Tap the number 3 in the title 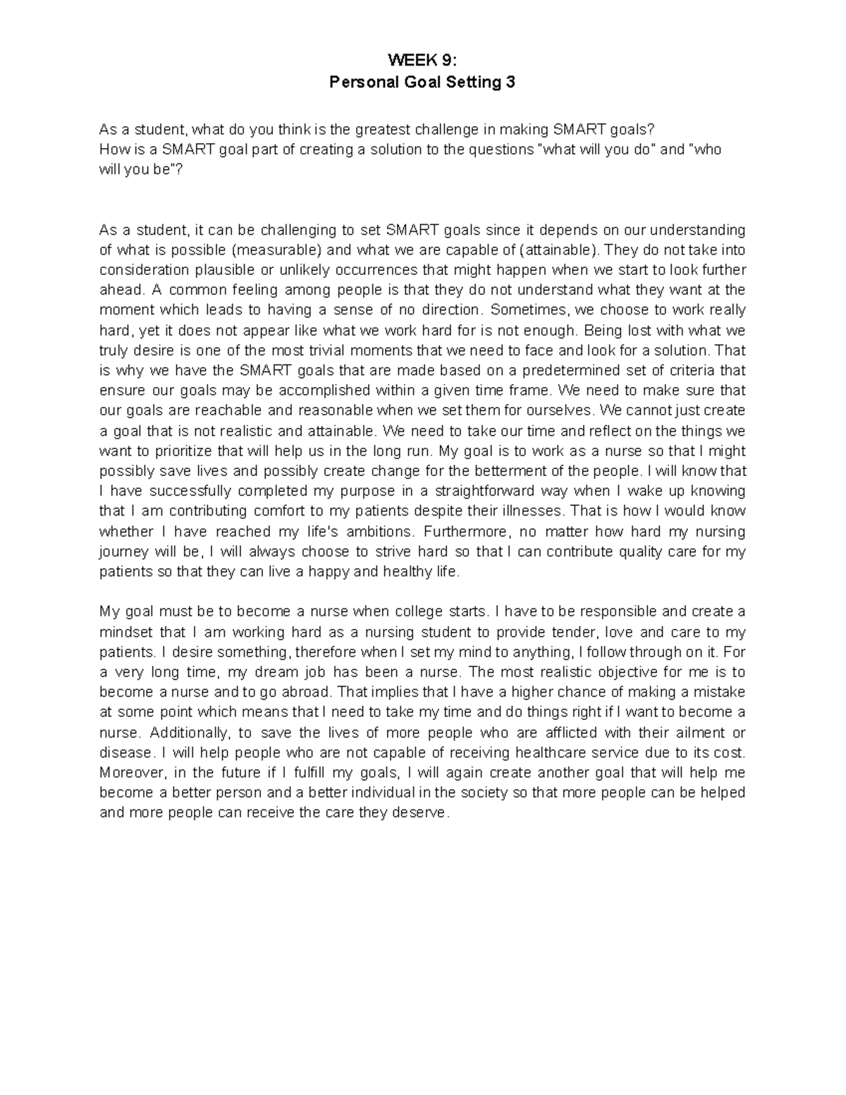510,82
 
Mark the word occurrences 359,270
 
